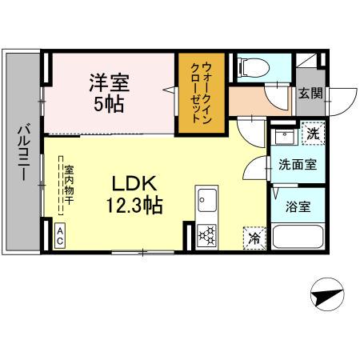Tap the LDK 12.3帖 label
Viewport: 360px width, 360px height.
point(133,194)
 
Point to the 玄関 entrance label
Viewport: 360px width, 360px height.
point(311,93)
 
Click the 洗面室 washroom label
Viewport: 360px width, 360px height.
point(295,165)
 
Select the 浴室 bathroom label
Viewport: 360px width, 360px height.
point(299,206)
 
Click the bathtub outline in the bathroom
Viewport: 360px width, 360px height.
point(297,237)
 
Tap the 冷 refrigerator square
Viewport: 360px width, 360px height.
point(253,238)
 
